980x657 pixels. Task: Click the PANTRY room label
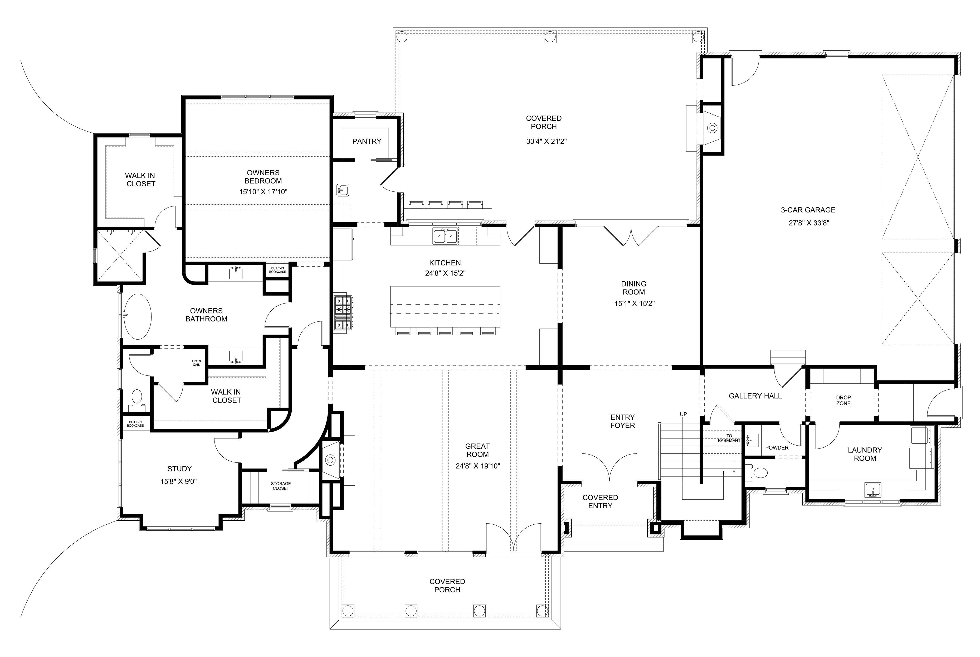(x=367, y=142)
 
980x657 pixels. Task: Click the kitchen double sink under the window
(x=445, y=236)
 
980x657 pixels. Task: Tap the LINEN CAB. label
(x=196, y=363)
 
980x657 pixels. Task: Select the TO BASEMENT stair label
(x=729, y=438)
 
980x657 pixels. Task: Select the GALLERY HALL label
(x=755, y=396)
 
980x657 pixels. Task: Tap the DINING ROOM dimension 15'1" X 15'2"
(x=634, y=304)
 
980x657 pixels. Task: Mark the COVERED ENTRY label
(x=600, y=501)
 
